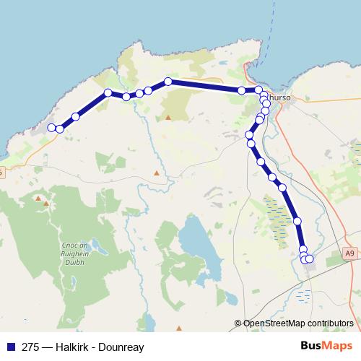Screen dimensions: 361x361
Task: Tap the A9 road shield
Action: (x=349, y=254)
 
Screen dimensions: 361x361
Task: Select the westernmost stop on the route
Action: (x=52, y=128)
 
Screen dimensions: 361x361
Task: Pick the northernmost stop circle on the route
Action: (x=168, y=82)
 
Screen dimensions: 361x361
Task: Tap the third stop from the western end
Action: (x=75, y=116)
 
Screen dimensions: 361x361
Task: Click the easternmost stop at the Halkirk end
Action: (x=310, y=258)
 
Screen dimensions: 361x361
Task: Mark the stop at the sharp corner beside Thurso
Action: (x=258, y=90)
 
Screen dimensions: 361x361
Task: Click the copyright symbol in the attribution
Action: (x=238, y=323)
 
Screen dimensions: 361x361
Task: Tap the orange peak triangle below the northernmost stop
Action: (x=168, y=116)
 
